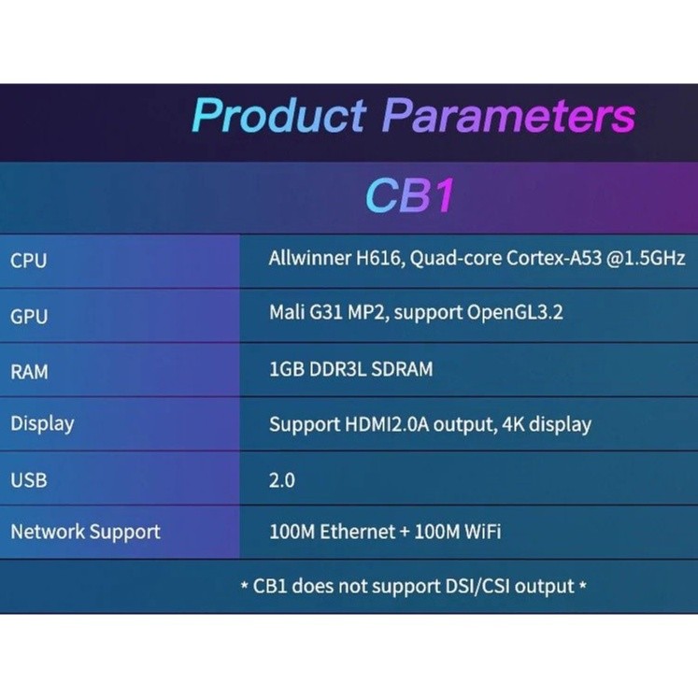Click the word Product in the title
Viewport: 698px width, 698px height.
coord(279,116)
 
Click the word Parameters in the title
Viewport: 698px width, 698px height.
coord(508,116)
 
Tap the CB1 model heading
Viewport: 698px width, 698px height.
coord(409,195)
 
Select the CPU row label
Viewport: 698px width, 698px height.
coord(28,261)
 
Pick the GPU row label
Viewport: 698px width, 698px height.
coord(29,317)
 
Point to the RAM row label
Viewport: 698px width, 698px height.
coord(29,372)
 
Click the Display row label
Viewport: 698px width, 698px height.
coord(42,424)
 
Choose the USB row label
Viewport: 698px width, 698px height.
coord(28,480)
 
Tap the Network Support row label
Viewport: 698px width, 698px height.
coord(85,533)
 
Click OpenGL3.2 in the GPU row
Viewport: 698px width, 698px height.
coord(515,313)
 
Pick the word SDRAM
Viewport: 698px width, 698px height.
coord(402,369)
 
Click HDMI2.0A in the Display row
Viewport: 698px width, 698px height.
coord(387,424)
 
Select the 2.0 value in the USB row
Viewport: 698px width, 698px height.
coord(282,481)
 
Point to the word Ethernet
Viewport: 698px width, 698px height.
coord(358,532)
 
